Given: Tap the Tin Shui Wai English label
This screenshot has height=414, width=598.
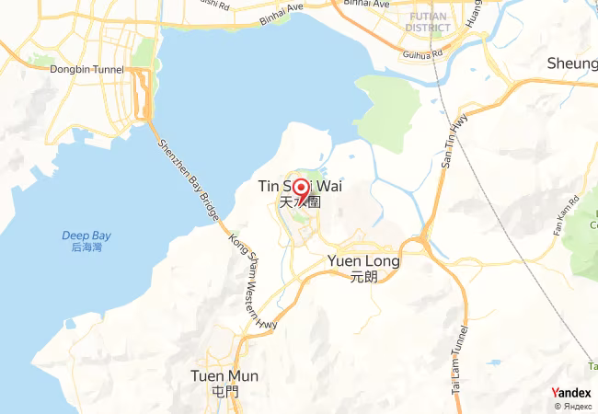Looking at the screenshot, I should point(300,187).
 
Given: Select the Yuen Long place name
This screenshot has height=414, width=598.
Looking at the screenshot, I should point(363,261).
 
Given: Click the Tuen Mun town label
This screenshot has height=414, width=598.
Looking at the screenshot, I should point(224,376).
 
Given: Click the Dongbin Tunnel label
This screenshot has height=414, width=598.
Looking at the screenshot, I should point(87,69).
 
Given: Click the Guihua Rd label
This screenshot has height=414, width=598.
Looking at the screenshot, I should point(424,54).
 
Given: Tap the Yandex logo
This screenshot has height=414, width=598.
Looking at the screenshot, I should point(571,392).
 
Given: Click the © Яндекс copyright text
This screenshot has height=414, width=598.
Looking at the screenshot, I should point(572,406).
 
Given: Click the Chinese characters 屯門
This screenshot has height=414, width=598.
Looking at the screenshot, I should point(224,391).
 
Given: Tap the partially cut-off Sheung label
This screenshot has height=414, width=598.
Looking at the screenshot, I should point(572,63).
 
